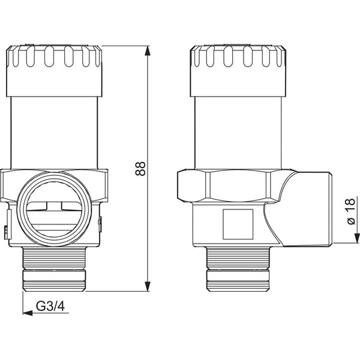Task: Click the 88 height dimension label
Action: click(140, 169)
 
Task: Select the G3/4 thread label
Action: click(50, 306)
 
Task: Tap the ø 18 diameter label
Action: click(350, 212)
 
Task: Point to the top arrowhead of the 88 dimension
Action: click(148, 51)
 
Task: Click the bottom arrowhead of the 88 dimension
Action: click(148, 286)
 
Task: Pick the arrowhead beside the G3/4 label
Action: click(28, 313)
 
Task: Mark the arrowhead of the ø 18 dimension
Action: click(357, 238)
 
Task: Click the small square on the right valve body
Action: click(238, 224)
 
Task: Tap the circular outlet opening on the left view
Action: click(55, 209)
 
